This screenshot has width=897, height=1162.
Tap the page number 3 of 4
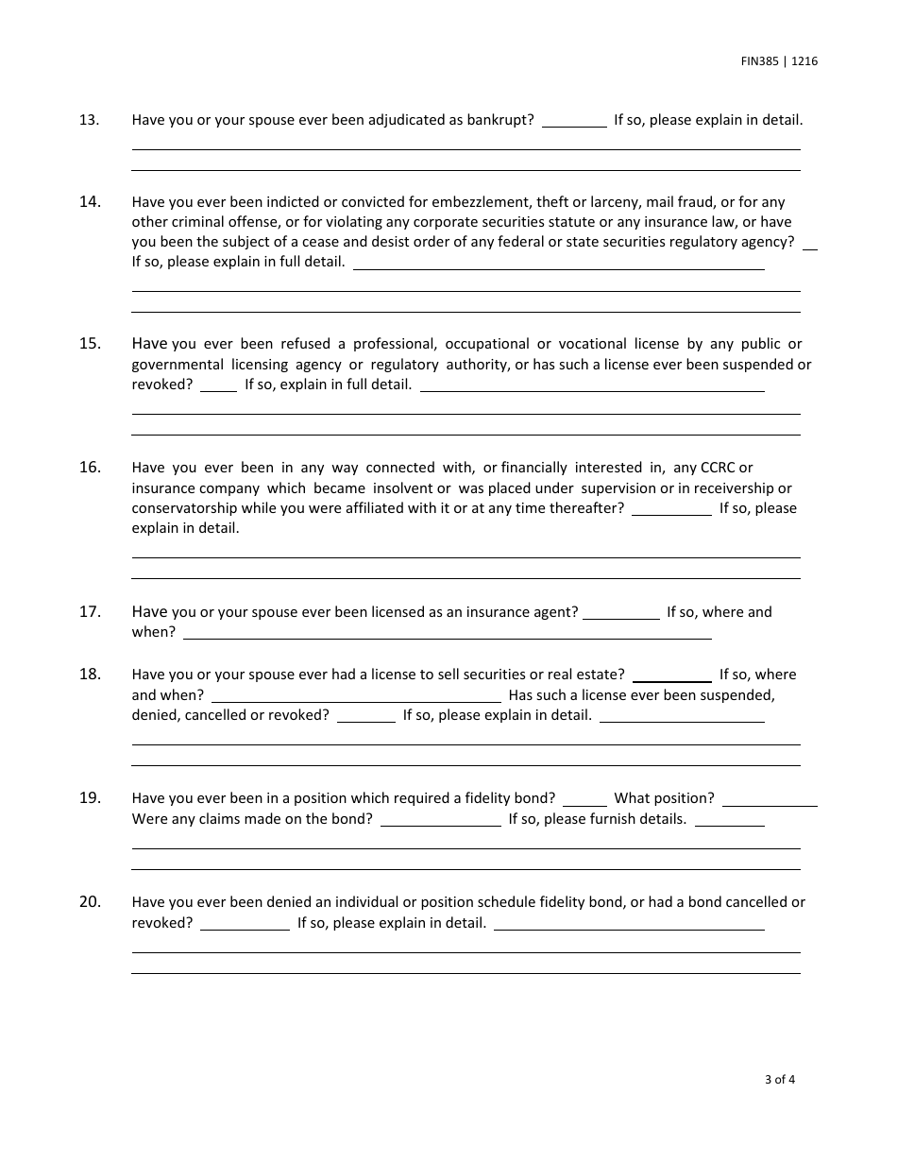click(x=780, y=1080)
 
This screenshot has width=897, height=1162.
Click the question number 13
click(x=90, y=120)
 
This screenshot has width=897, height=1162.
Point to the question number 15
click(x=90, y=344)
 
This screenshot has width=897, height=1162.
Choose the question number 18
click(x=90, y=675)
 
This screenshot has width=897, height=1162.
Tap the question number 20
click(x=90, y=902)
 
